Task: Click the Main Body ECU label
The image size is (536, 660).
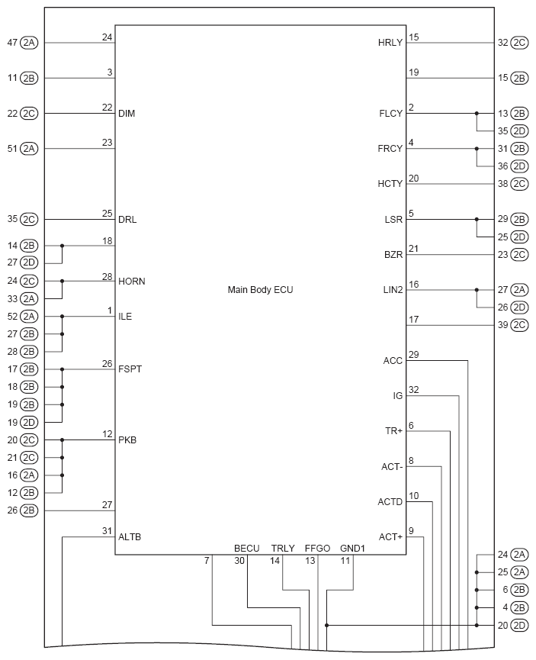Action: pos(260,290)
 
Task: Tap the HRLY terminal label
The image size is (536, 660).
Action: pos(390,43)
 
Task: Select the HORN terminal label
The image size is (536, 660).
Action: pos(132,282)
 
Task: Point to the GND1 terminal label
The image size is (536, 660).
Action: pos(353,548)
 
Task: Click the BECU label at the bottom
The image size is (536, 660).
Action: pos(247,548)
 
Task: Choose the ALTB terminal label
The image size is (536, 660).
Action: pos(130,537)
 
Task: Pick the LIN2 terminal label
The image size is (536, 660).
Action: pos(392,290)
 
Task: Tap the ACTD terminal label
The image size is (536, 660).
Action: pos(390,501)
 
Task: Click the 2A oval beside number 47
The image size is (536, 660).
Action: pos(29,43)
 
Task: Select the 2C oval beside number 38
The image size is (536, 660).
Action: pos(519,184)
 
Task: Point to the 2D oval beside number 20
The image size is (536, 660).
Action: pos(519,626)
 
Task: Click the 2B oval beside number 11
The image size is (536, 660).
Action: pos(29,78)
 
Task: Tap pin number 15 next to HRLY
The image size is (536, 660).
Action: pos(413,37)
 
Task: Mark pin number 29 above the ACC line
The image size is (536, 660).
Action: pos(413,355)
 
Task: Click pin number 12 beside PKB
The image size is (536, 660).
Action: pos(108,434)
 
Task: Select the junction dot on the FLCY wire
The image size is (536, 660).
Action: pos(477,114)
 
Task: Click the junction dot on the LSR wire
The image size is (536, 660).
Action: pos(477,220)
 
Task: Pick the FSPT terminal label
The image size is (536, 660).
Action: pos(130,369)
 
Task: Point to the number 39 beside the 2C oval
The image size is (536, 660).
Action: pos(502,325)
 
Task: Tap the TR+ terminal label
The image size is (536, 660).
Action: pos(393,431)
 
